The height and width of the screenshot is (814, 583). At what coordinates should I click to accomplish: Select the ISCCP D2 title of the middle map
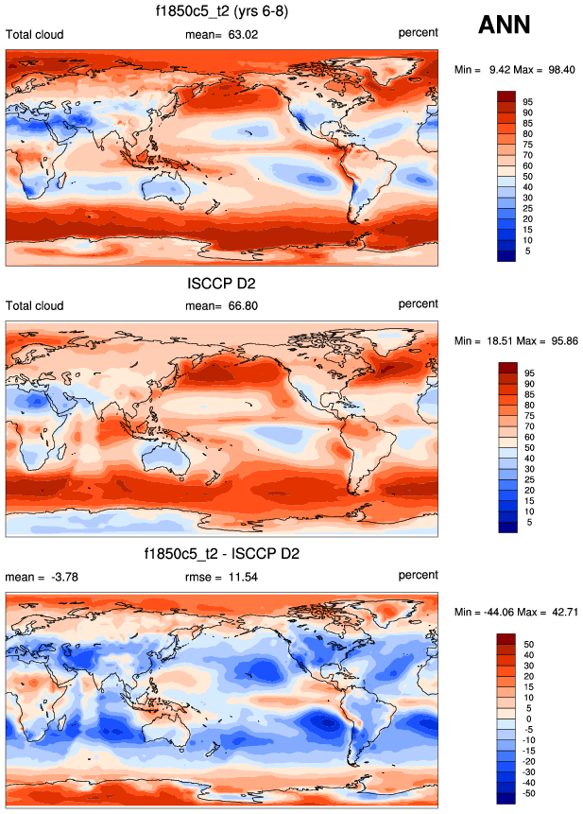[x=222, y=282]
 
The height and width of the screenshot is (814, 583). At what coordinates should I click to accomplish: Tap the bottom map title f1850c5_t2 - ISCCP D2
[x=222, y=553]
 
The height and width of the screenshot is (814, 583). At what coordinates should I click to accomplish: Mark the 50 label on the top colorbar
[x=527, y=177]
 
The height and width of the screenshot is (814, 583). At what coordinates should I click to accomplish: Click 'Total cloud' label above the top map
[x=35, y=35]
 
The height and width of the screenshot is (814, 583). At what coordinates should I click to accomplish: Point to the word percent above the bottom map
[x=418, y=575]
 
